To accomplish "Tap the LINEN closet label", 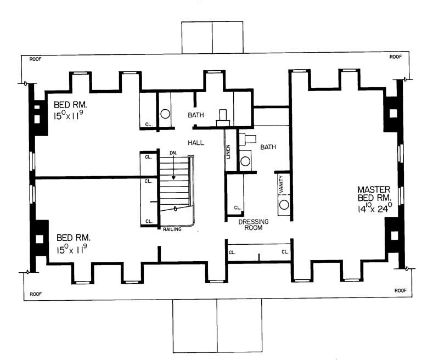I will point(228,150).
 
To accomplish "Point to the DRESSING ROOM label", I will point(253,224).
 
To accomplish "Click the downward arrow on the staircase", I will point(173,170).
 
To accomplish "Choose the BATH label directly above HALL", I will point(196,116).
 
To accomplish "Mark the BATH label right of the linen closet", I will point(268,147).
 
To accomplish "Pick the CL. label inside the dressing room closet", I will point(237,208).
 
